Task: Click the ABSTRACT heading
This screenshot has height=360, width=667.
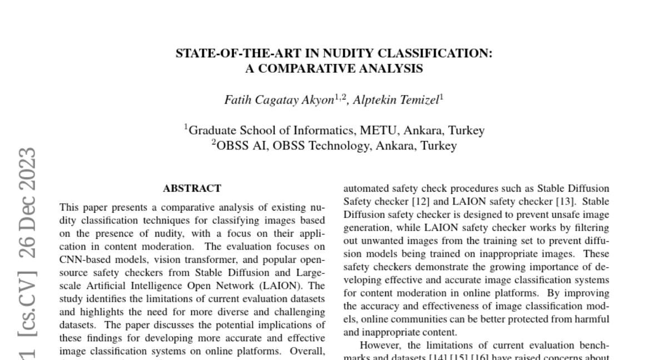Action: click(192, 188)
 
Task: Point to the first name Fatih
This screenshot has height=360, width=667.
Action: click(236, 100)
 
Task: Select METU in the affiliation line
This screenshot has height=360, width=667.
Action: click(379, 131)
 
